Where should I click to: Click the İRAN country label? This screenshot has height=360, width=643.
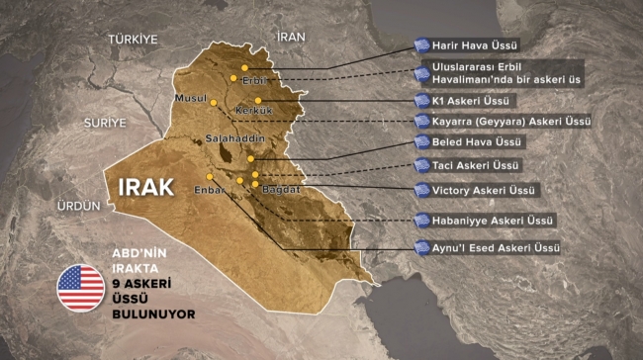292,37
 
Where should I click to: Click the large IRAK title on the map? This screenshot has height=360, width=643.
145,187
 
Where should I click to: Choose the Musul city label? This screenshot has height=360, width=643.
189,99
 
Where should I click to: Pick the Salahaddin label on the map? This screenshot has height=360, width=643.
230,139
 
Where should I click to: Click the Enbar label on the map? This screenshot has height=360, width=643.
210,188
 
